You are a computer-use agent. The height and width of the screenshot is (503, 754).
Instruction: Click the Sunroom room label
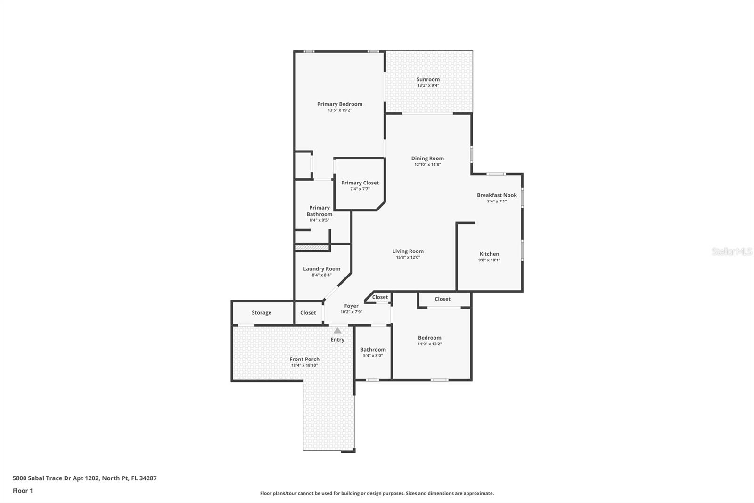coord(428,79)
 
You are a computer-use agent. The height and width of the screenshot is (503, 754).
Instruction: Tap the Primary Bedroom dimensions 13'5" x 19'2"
coord(340,110)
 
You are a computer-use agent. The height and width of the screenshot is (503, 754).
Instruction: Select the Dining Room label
coord(427,159)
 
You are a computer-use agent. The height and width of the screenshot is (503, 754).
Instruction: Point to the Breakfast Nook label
coord(497,195)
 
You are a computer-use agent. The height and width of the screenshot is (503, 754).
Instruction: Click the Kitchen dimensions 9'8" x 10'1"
coord(489,260)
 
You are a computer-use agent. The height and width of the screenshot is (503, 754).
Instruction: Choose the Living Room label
coord(408,251)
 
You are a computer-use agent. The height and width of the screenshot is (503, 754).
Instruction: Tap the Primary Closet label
coord(360,183)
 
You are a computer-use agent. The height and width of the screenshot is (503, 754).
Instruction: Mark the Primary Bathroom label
coord(320,211)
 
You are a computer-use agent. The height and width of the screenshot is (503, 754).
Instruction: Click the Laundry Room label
coord(321,269)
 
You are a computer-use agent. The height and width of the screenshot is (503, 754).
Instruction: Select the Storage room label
coord(262,313)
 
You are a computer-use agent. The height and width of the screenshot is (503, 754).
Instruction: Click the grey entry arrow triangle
coord(337,331)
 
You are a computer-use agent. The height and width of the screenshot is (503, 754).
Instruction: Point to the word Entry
coord(337,340)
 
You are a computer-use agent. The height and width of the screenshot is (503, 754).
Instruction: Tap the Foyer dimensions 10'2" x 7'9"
coord(351,312)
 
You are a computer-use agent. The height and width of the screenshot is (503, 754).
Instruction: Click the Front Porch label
coord(304,359)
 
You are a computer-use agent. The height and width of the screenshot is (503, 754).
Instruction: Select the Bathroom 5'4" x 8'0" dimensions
coord(373,356)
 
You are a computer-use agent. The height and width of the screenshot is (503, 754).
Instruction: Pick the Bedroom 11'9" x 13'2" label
coord(430,338)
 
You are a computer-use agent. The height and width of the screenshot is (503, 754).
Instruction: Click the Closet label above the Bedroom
coord(443,299)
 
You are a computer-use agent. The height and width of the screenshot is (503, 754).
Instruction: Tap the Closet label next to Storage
coord(308,313)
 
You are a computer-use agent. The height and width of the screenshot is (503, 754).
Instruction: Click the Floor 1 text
coord(23,491)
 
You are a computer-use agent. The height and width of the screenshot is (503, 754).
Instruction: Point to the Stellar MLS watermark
coord(731,251)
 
